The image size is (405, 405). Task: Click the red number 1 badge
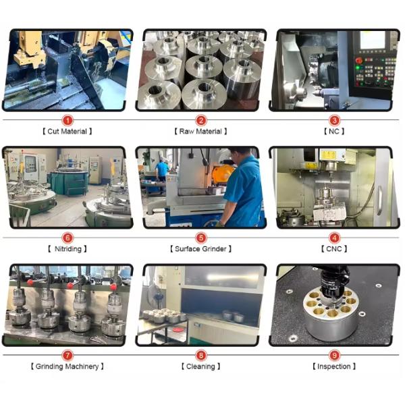(x=67, y=120)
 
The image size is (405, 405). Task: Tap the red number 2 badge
(x=201, y=120)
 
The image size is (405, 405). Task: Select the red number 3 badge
(x=334, y=120)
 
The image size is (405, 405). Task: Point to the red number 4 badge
(x=334, y=238)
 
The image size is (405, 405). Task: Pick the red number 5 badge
(x=201, y=238)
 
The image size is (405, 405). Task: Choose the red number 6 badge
(x=67, y=238)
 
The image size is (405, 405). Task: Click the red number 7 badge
(x=67, y=356)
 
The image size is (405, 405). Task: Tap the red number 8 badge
(x=201, y=356)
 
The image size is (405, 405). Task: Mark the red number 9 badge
(x=334, y=356)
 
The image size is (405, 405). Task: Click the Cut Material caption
(x=67, y=132)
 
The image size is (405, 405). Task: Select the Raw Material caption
(x=200, y=132)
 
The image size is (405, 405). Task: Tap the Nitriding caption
(x=67, y=249)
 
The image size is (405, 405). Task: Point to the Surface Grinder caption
(x=200, y=249)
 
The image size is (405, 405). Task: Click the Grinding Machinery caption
(x=67, y=367)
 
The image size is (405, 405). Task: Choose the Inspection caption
(x=334, y=367)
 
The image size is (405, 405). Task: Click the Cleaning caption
(x=200, y=367)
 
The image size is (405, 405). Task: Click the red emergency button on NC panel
(x=359, y=61)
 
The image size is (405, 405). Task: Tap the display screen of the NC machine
(x=372, y=40)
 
